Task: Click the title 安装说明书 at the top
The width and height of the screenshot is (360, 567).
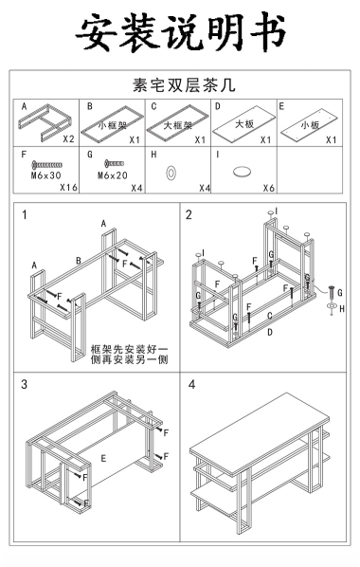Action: click(x=180, y=32)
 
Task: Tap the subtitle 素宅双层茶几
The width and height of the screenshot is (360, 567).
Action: click(x=184, y=85)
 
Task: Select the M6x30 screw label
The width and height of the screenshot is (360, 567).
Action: click(x=45, y=176)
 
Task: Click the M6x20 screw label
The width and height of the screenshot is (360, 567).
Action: click(x=113, y=175)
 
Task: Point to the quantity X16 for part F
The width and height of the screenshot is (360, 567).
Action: click(x=68, y=188)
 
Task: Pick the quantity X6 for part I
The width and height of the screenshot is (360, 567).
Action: click(x=269, y=188)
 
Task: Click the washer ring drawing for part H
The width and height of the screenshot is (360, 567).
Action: click(x=171, y=173)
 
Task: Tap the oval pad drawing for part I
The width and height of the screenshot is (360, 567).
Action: click(x=242, y=171)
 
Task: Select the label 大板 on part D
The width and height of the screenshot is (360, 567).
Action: click(x=244, y=124)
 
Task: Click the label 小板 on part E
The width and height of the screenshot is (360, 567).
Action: click(x=310, y=125)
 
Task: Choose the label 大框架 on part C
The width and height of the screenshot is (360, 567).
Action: click(x=178, y=125)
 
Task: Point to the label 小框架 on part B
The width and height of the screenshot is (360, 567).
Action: click(x=113, y=125)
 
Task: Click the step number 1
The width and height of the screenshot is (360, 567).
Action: click(x=25, y=215)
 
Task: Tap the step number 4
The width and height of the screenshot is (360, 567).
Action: click(x=191, y=384)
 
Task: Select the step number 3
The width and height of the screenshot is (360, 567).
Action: click(x=25, y=384)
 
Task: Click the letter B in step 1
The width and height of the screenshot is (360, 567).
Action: click(x=79, y=261)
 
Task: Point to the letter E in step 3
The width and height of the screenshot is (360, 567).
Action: click(x=103, y=459)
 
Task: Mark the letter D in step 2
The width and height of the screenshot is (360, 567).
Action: click(x=270, y=332)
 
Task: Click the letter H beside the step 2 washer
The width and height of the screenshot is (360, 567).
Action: click(x=342, y=309)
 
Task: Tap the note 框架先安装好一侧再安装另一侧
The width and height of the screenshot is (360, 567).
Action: click(x=130, y=355)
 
